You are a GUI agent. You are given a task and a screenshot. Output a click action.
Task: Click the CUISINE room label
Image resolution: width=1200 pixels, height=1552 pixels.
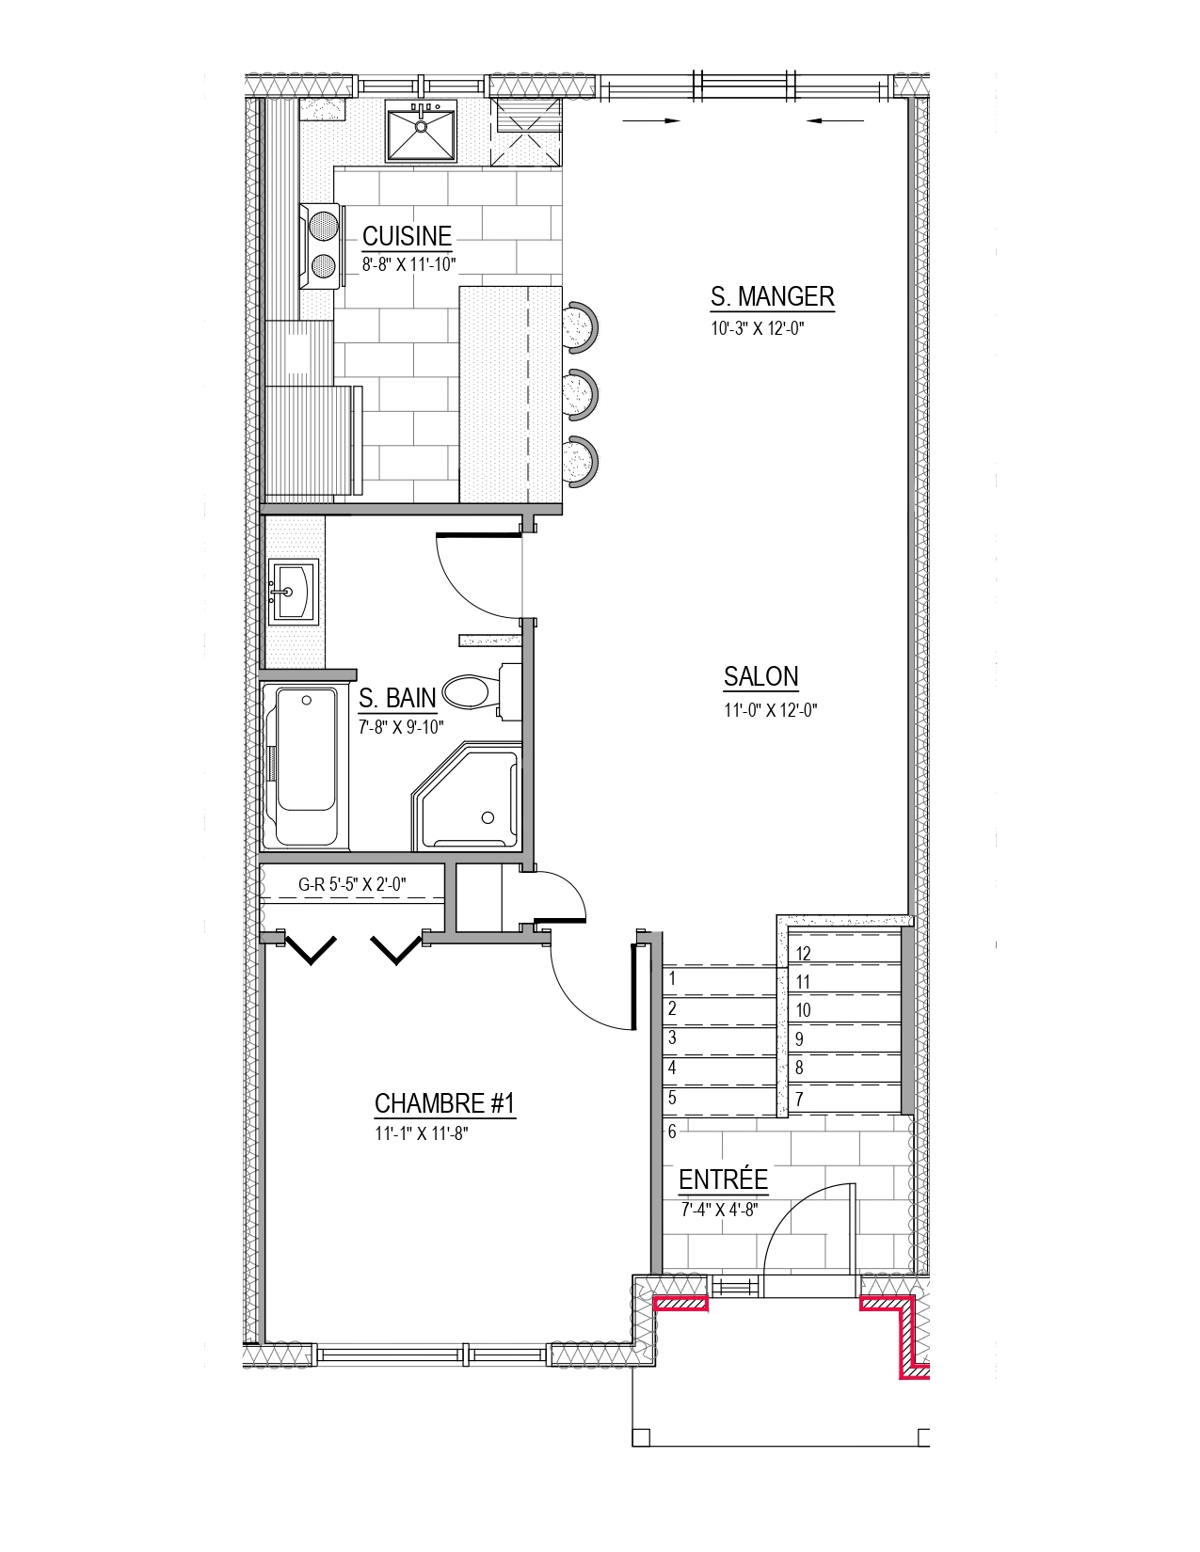coord(407,236)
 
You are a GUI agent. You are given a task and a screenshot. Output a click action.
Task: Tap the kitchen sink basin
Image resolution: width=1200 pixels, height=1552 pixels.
coord(421,131)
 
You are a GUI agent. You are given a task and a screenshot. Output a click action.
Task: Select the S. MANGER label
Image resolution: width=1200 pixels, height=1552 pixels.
coord(773,295)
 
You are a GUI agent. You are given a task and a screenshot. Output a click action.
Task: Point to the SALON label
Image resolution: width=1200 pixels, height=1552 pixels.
coord(761,675)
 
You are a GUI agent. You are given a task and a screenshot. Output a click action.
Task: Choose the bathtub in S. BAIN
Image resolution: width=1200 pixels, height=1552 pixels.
coord(307,767)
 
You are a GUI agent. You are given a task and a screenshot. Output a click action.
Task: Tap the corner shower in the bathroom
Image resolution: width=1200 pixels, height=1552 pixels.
coord(466,797)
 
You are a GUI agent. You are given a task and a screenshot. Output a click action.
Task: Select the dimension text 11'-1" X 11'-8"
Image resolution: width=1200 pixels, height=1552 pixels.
coord(422,1132)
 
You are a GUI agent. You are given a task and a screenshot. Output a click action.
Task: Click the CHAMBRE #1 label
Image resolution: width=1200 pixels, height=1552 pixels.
coord(444,1103)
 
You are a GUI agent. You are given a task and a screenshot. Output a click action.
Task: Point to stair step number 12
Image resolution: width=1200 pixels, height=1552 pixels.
coord(804,954)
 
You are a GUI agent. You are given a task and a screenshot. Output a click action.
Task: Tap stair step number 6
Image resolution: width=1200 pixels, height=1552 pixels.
coord(672,1132)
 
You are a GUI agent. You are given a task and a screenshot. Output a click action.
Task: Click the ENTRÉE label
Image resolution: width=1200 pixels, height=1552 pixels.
coord(723,1180)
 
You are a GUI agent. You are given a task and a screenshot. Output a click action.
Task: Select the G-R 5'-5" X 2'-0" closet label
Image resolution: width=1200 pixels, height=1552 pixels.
coord(352,884)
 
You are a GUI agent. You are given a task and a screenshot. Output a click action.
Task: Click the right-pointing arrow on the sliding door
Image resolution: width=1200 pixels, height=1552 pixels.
coord(651,121)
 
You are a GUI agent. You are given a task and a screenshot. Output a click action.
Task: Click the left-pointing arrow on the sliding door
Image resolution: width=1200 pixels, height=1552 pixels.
coord(836,121)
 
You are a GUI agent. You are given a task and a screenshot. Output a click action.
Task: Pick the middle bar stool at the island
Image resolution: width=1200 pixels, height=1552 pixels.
coord(581,393)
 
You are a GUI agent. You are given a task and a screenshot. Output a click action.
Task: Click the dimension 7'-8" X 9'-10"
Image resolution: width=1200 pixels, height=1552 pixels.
coord(401,727)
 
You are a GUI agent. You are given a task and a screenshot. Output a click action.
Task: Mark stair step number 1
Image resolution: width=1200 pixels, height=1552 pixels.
coord(672,978)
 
